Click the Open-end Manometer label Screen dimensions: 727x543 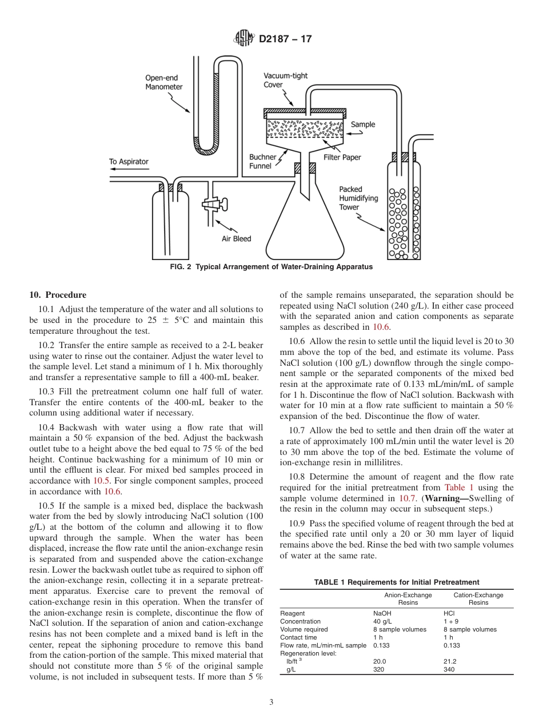point(163,82)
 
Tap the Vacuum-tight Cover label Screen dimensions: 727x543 point(285,80)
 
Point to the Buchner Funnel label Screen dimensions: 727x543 point(262,161)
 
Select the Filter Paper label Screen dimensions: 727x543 point(342,157)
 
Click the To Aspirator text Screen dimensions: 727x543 point(129,162)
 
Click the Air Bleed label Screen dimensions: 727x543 point(236,238)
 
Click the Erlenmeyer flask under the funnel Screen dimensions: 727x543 point(304,229)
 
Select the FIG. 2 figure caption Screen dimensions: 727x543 point(271,267)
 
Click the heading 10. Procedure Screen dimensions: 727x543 point(58,295)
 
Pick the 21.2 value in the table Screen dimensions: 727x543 point(450,661)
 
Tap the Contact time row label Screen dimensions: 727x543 point(298,637)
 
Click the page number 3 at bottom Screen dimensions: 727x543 point(271,702)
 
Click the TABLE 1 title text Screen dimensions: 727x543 point(396,582)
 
